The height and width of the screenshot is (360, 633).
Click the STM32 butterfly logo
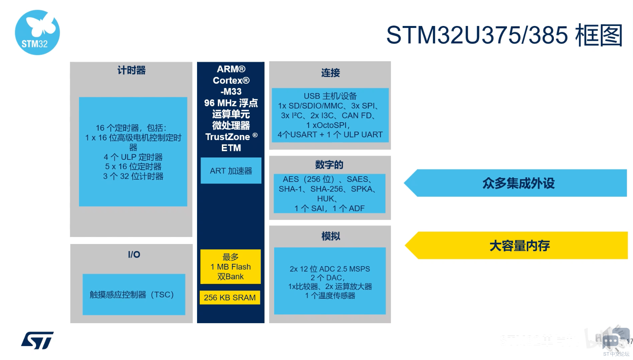click(x=37, y=32)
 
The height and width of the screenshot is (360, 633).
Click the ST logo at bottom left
click(x=37, y=341)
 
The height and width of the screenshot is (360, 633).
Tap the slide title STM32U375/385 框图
click(x=504, y=35)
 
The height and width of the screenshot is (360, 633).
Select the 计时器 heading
click(x=131, y=70)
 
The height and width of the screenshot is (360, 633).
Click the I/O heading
click(x=134, y=254)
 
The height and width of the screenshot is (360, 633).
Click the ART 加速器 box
click(x=231, y=171)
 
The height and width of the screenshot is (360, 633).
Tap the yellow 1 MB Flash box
click(x=230, y=267)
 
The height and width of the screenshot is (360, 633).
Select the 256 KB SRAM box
click(x=230, y=298)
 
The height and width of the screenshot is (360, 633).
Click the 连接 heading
click(x=330, y=73)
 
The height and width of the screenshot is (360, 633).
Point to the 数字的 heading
click(x=329, y=165)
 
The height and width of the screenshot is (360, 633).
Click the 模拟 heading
click(x=330, y=236)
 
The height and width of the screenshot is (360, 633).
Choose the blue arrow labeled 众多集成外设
click(x=518, y=183)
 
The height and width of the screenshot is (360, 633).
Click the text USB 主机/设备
click(x=330, y=96)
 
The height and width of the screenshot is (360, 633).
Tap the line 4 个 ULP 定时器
click(x=133, y=157)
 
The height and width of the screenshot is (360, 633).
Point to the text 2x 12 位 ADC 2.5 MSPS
click(x=330, y=269)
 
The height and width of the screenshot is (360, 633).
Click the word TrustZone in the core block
click(x=228, y=137)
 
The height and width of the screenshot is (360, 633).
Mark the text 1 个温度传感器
click(x=330, y=296)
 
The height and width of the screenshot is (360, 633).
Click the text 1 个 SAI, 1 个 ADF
click(x=329, y=208)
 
